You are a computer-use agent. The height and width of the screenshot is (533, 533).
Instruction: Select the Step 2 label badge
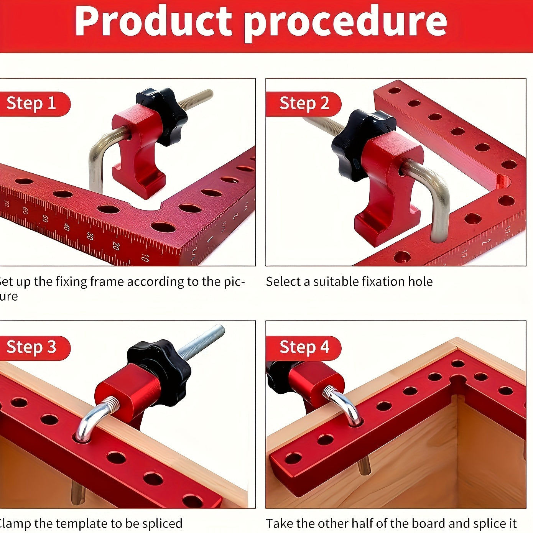pyautogui.click(x=304, y=104)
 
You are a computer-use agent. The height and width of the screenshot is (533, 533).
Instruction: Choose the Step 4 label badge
pyautogui.click(x=304, y=347)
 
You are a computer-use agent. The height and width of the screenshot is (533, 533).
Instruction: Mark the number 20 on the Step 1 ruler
pyautogui.click(x=115, y=245)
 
